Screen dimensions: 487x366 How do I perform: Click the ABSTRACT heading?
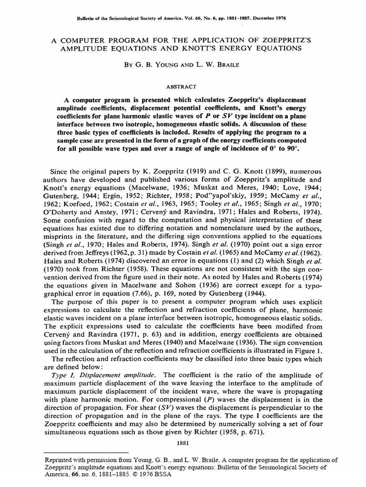tap(183, 87)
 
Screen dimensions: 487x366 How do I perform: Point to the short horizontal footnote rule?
tap(85, 453)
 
